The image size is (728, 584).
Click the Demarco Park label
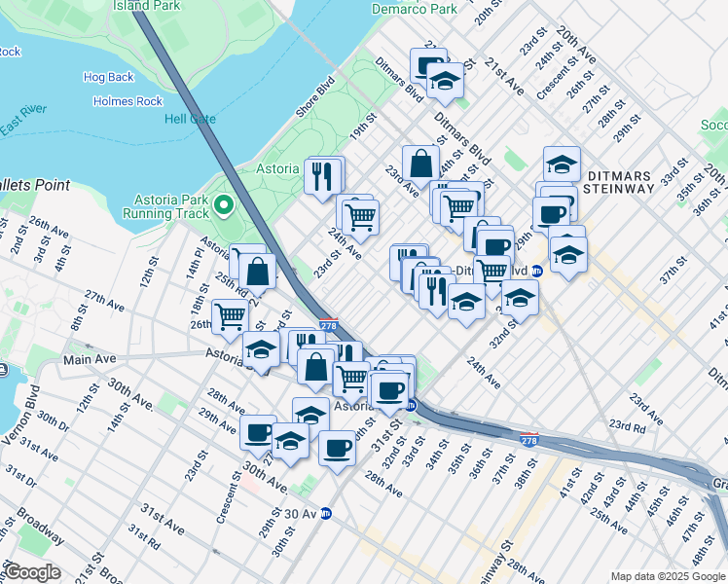click(x=414, y=9)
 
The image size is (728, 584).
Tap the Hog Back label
click(x=109, y=77)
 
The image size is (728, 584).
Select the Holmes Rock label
click(x=127, y=101)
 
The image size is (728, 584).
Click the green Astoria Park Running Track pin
click(x=223, y=204)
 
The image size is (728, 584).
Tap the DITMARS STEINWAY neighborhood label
click(x=622, y=182)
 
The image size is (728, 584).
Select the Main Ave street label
click(x=91, y=359)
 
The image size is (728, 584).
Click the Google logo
click(x=31, y=571)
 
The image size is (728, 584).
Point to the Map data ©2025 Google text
click(x=667, y=576)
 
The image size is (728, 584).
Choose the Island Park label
click(x=146, y=5)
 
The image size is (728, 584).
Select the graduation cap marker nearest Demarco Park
click(x=446, y=81)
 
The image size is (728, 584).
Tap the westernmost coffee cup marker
click(x=258, y=429)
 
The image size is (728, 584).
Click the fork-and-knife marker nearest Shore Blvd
click(x=324, y=175)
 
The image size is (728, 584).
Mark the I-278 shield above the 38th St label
click(x=528, y=440)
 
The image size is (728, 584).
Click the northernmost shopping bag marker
click(x=420, y=162)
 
